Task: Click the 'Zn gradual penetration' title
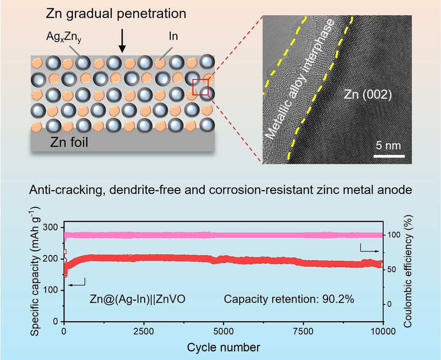coord(116,14)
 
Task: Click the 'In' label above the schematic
coord(173,36)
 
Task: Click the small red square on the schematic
coord(201,87)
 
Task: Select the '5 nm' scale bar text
coord(388,145)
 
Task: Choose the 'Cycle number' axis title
coord(223,347)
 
